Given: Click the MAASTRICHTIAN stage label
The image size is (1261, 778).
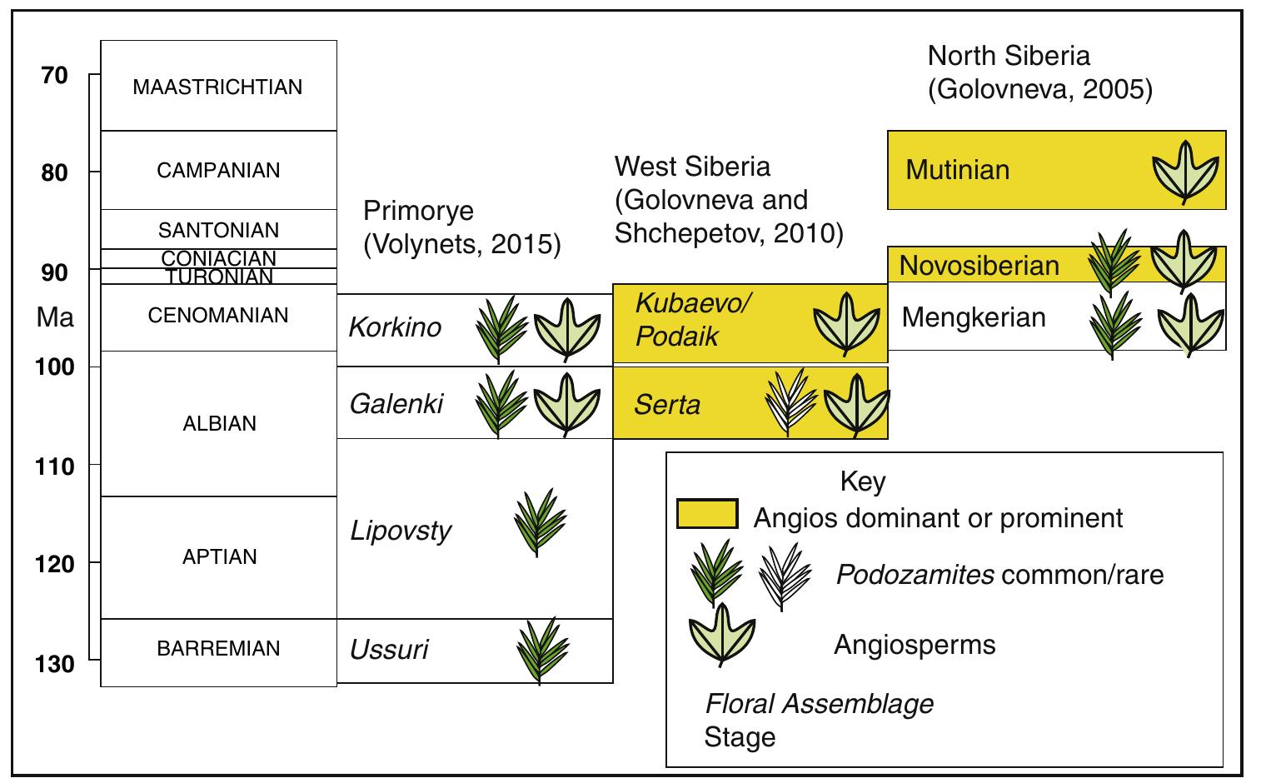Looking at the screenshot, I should [217, 87].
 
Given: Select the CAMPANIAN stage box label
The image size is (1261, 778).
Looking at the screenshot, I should [218, 171].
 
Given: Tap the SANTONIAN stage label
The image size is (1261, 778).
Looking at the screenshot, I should [218, 230].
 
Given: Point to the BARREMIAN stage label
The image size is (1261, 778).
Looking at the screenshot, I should [218, 649].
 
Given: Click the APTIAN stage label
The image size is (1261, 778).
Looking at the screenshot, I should [219, 557].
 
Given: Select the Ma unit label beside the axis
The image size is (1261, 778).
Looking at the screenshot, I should [55, 317].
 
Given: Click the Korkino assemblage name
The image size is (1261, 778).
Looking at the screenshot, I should [395, 327].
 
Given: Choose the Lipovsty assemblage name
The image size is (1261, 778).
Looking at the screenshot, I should [401, 531].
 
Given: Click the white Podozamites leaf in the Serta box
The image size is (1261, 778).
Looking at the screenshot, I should [788, 403].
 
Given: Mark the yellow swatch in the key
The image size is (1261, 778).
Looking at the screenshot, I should [707, 515].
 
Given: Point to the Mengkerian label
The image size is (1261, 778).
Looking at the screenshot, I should [973, 317].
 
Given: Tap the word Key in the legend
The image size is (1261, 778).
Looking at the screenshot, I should [863, 481].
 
